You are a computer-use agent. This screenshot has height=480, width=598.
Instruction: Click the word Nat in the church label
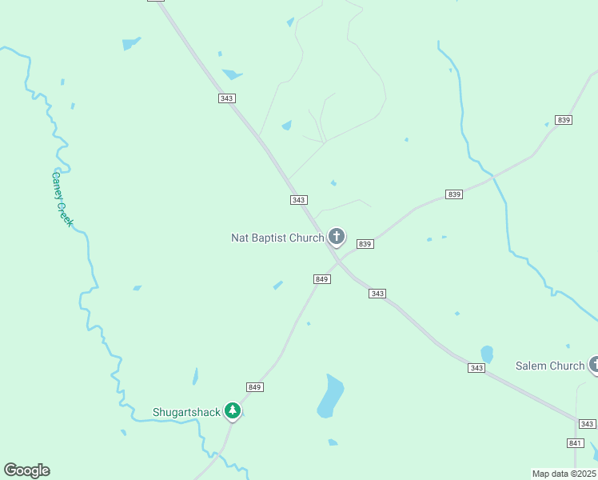pyautogui.click(x=240, y=238)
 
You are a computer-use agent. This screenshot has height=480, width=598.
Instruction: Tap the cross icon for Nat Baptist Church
pyautogui.click(x=337, y=236)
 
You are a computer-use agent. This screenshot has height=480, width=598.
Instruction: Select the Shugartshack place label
pyautogui.click(x=186, y=412)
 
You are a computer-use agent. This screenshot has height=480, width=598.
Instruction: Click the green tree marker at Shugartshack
pyautogui.click(x=233, y=410)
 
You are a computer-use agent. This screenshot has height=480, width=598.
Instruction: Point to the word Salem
pyautogui.click(x=532, y=366)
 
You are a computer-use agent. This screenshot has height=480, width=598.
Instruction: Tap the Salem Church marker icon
pyautogui.click(x=594, y=365)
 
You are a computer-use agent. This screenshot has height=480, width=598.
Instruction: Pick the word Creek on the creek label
pyautogui.click(x=64, y=213)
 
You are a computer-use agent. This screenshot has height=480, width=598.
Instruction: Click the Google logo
pyautogui.click(x=26, y=470)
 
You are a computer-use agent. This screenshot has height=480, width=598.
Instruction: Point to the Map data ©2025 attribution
pyautogui.click(x=564, y=473)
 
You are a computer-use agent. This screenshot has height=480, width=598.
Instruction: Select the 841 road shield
pyautogui.click(x=575, y=442)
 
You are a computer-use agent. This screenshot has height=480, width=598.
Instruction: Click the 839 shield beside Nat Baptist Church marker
pyautogui.click(x=365, y=243)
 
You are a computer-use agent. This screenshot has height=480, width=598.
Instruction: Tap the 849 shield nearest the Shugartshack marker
pyautogui.click(x=255, y=387)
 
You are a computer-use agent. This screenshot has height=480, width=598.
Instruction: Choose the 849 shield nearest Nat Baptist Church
pyautogui.click(x=321, y=278)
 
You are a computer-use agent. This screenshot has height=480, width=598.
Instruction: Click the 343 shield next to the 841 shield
pyautogui.click(x=587, y=423)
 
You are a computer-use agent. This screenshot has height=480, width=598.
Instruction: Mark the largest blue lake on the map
pyautogui.click(x=330, y=396)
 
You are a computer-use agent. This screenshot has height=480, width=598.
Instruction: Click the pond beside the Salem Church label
pyautogui.click(x=487, y=354)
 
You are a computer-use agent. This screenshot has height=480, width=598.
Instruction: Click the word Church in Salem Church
pyautogui.click(x=567, y=366)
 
